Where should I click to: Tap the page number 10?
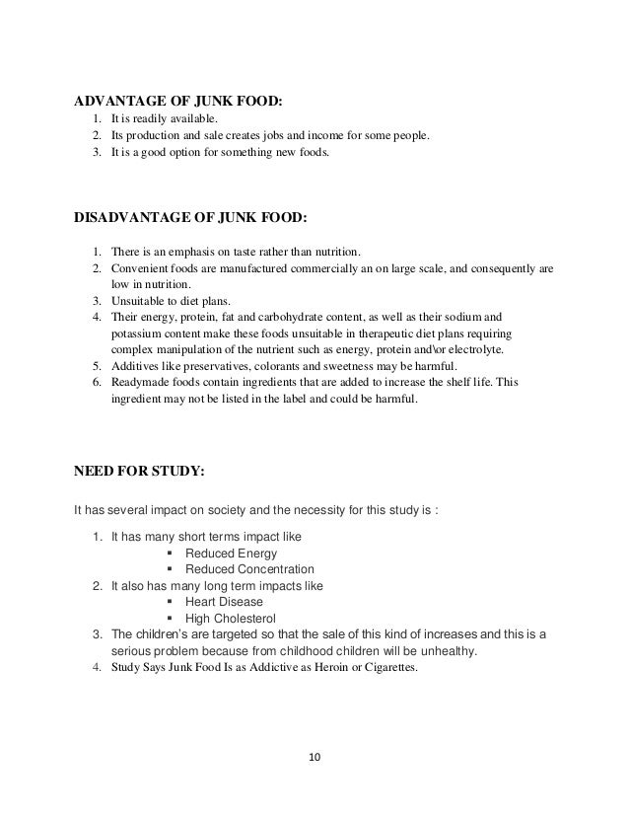[314, 760]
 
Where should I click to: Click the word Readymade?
[137, 383]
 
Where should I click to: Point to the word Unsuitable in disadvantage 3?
[137, 300]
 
